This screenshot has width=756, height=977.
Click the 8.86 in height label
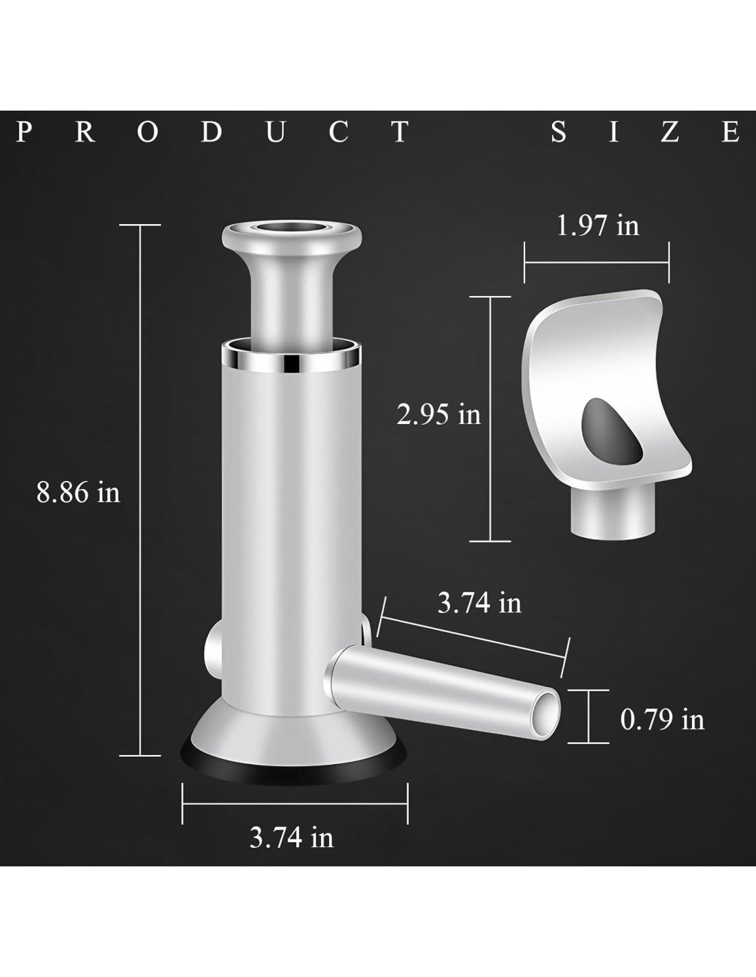pos(78,493)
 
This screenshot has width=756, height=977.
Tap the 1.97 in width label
pos(597,225)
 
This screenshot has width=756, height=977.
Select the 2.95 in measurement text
pos(438,414)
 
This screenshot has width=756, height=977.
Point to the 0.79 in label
pos(662,719)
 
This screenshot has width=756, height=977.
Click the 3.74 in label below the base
pos(291,838)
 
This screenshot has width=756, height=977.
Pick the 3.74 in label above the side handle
pos(480,603)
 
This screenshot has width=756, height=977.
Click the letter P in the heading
pos(25,132)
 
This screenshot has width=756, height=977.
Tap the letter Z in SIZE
pos(669,132)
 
